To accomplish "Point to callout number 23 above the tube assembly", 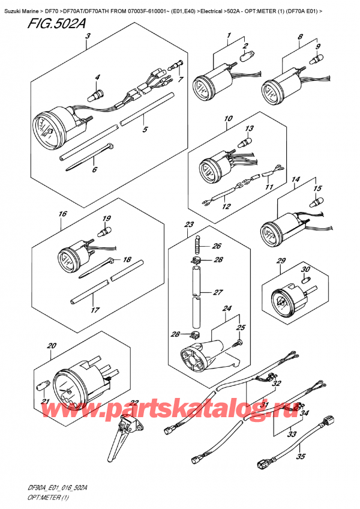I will coord(189,224).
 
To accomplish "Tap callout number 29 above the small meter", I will coord(280,261).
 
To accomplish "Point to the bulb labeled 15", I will coord(319,202).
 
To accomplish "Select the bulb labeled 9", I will coord(313,59).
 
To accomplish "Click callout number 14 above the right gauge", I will coord(295,179).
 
